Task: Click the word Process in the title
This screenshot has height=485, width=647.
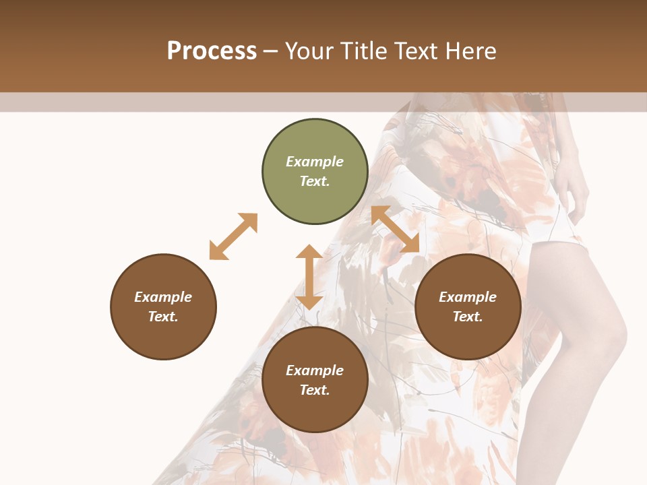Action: tap(212, 51)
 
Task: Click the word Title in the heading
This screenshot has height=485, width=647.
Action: tap(363, 51)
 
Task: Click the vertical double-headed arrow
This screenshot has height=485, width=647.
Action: tap(309, 277)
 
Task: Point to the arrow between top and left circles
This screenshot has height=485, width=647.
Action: tap(233, 236)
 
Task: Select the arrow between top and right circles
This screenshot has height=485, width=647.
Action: tap(396, 230)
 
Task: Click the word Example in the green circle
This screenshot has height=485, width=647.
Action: tap(315, 162)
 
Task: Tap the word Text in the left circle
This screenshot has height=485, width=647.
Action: tap(163, 317)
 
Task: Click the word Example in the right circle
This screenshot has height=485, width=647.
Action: tap(468, 297)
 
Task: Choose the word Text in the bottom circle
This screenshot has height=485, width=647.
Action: tap(315, 390)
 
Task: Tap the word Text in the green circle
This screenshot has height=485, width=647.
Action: tap(315, 181)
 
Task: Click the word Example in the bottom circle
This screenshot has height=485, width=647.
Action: tap(315, 370)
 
